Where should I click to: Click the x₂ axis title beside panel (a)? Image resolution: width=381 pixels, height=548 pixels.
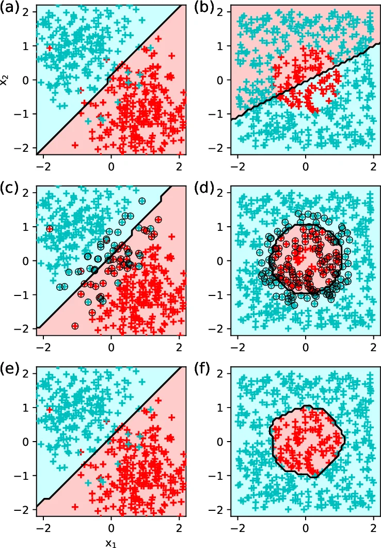pyautogui.click(x=5, y=80)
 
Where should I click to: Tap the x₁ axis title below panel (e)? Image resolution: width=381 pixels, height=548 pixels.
pyautogui.click(x=110, y=542)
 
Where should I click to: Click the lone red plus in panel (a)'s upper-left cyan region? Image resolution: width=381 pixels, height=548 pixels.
pyautogui.click(x=50, y=48)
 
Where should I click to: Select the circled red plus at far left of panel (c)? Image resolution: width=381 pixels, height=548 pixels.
pyautogui.click(x=50, y=228)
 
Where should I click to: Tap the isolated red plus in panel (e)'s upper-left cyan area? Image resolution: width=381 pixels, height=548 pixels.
pyautogui.click(x=50, y=410)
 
